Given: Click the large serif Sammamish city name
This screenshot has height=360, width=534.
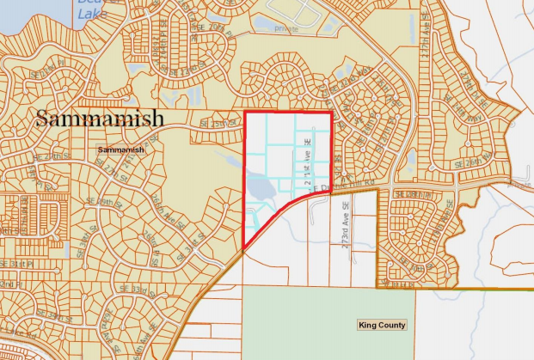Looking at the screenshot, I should coord(100,119).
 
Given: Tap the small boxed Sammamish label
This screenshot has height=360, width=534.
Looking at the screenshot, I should coord(120,149).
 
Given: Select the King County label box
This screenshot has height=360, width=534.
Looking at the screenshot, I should coord(381,325).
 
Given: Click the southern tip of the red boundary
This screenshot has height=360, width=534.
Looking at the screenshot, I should coord(245,251).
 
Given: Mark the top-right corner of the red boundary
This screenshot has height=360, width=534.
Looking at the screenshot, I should coord(331,113).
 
